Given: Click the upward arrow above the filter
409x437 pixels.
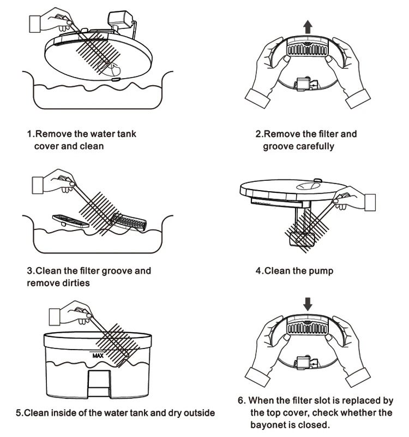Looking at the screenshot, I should [x=308, y=26].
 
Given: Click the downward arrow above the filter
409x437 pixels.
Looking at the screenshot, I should [x=308, y=303].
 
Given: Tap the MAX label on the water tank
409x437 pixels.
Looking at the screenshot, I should [x=98, y=355].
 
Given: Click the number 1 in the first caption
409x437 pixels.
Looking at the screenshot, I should [x=30, y=134].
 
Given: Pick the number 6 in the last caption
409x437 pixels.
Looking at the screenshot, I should [x=241, y=400].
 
